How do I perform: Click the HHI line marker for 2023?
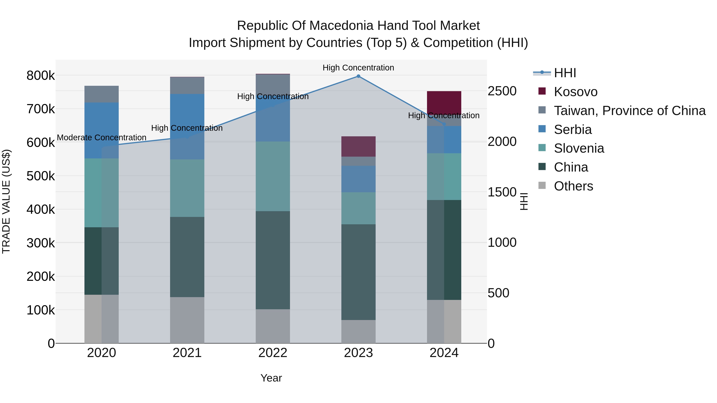click(x=358, y=76)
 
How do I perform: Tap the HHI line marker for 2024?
click(x=444, y=124)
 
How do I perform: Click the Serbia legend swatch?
click(x=542, y=129)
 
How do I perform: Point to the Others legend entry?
click(x=573, y=186)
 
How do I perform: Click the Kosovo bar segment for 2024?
click(x=444, y=102)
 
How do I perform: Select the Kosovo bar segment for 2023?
click(x=358, y=146)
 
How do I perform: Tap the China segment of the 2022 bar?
click(x=273, y=260)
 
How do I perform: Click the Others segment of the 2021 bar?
click(x=187, y=320)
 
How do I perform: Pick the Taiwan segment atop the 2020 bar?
click(x=102, y=94)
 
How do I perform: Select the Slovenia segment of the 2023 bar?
click(x=358, y=208)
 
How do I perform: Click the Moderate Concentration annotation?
click(x=102, y=138)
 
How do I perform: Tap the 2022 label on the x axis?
click(x=273, y=353)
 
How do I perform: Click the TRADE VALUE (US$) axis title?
click(x=6, y=201)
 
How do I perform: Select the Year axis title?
click(x=271, y=378)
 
